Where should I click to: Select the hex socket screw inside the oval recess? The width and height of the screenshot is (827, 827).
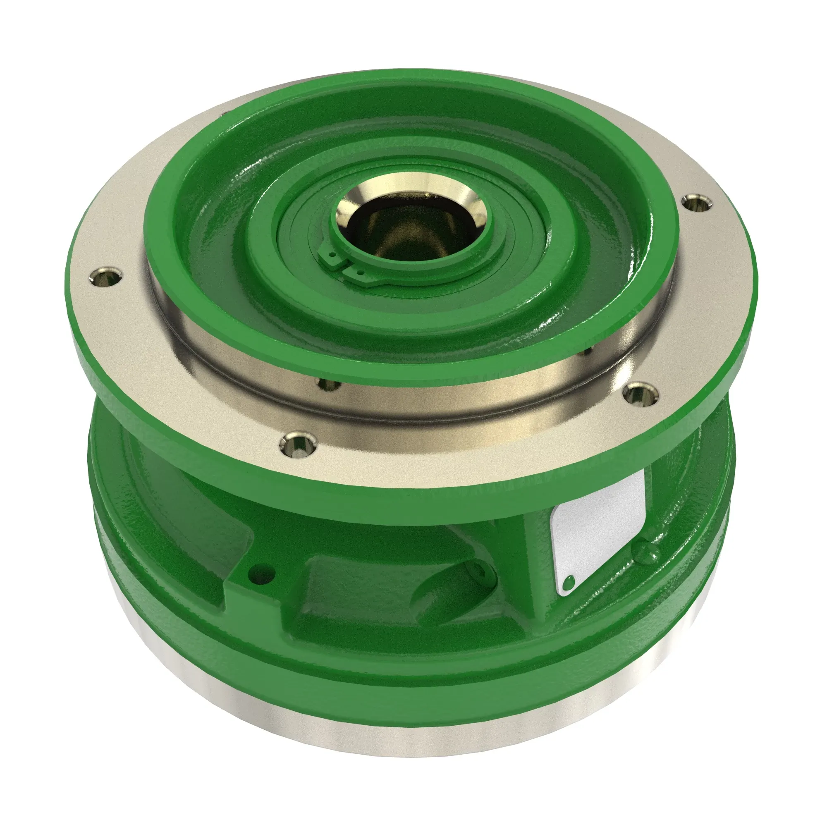[x=478, y=572]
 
